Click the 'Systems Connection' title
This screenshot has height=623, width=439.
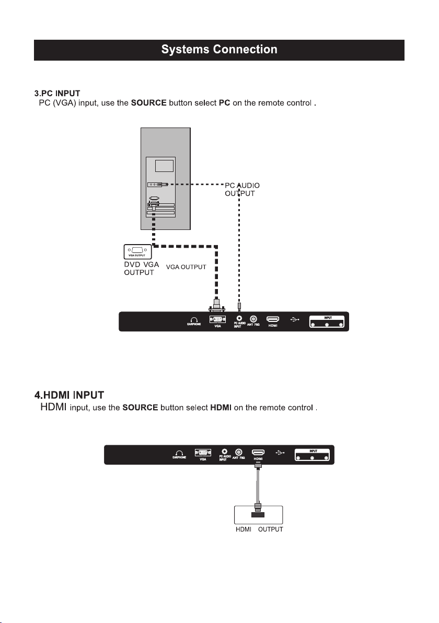click(219, 50)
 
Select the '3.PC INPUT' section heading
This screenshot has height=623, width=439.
click(57, 93)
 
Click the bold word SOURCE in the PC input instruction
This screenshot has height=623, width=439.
click(148, 103)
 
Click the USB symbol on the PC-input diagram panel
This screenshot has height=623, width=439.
click(294, 318)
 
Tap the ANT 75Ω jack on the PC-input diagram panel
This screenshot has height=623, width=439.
click(253, 318)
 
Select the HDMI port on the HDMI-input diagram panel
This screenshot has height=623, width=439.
click(258, 452)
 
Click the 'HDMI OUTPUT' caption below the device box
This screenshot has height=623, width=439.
click(258, 529)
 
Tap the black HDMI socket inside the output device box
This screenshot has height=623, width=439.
click(258, 515)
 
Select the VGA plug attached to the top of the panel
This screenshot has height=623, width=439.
click(217, 304)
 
